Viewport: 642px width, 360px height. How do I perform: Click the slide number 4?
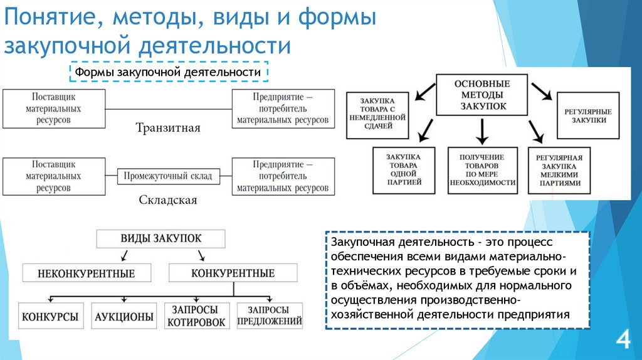623,341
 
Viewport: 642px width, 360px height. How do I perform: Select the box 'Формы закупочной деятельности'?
168,72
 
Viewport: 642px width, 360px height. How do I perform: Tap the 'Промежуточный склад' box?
169,176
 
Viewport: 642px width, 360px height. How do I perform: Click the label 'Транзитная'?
168,128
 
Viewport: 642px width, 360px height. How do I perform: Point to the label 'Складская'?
167,200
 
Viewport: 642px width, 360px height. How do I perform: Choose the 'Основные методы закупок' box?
481,95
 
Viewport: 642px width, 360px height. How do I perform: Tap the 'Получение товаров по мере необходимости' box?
482,169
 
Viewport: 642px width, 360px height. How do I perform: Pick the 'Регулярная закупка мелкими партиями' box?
559,170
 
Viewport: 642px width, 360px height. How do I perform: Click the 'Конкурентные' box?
233,273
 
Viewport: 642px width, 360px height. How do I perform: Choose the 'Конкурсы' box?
50,317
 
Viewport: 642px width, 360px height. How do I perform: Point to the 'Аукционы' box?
124,317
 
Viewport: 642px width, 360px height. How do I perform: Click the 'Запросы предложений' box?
270,316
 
